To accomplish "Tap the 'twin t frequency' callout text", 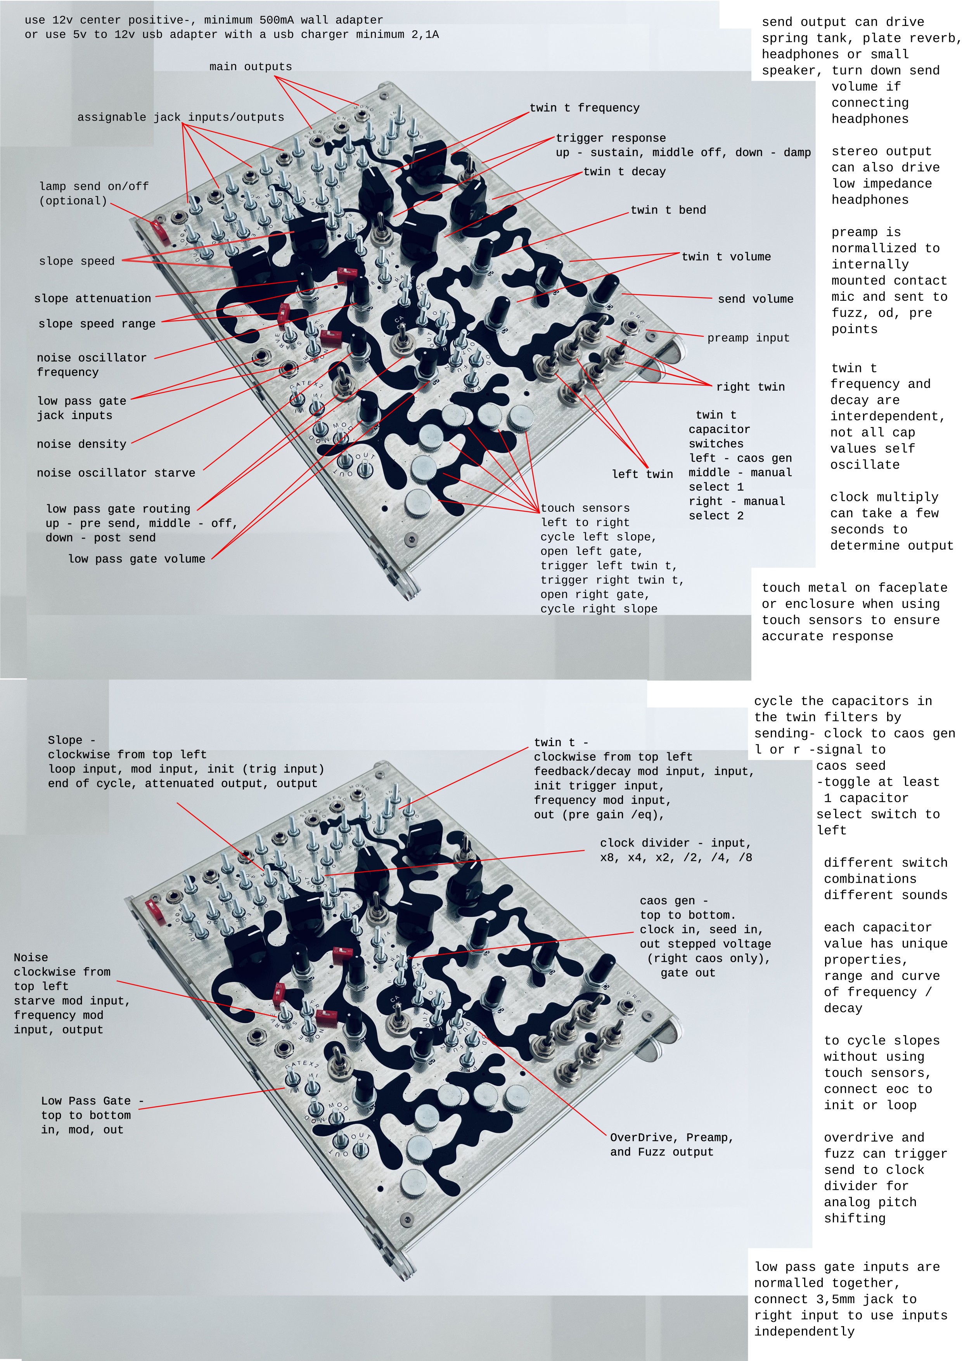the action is tap(585, 108).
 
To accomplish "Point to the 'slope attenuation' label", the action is tap(92, 299).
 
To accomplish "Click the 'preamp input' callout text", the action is tap(748, 338).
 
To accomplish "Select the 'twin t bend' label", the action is tap(668, 210).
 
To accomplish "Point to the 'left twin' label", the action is tap(642, 474).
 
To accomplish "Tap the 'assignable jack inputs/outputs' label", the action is tap(181, 118).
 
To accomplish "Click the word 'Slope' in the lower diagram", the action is tap(65, 740).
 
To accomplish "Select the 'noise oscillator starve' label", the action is tap(116, 473).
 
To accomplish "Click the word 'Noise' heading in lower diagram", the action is tap(31, 958).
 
